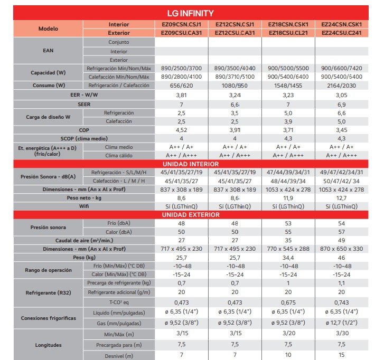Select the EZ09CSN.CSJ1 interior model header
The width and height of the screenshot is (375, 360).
click(x=181, y=24)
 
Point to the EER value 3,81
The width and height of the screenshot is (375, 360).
click(x=181, y=95)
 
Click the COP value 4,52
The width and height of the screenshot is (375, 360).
click(x=181, y=129)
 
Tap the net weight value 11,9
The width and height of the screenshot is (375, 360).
click(x=288, y=197)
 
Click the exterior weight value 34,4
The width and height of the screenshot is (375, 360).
click(x=288, y=257)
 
